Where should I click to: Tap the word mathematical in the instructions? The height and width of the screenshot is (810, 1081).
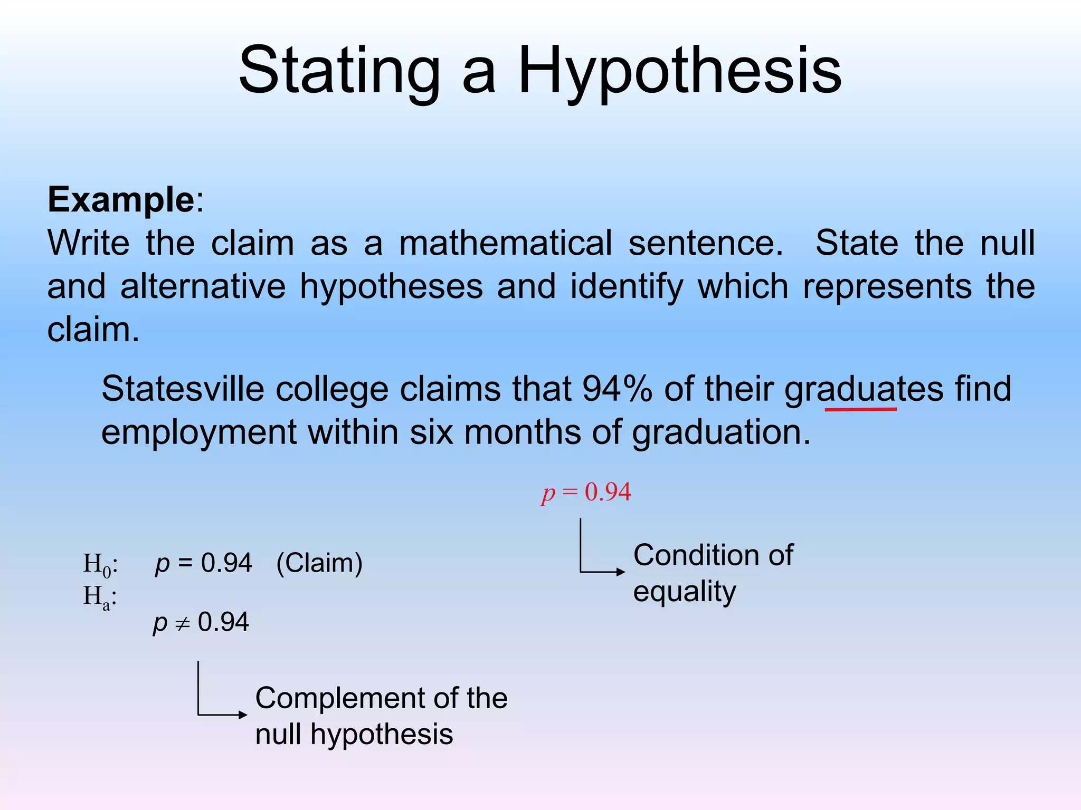pyautogui.click(x=505, y=243)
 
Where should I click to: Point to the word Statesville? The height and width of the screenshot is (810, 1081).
pyautogui.click(x=183, y=389)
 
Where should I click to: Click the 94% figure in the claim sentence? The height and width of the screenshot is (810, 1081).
pyautogui.click(x=617, y=389)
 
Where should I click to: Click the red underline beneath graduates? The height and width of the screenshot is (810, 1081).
pyautogui.click(x=860, y=409)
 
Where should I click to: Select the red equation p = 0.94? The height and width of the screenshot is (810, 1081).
pyautogui.click(x=586, y=493)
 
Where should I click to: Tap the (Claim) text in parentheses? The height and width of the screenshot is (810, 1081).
pyautogui.click(x=319, y=563)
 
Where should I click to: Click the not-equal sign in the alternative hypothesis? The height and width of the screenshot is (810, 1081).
pyautogui.click(x=182, y=624)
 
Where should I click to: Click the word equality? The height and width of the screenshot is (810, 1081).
pyautogui.click(x=684, y=592)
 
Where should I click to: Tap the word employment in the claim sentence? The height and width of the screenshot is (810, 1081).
pyautogui.click(x=199, y=432)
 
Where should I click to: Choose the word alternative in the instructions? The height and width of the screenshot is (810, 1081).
pyautogui.click(x=203, y=286)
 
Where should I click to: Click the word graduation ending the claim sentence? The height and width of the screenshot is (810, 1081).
pyautogui.click(x=720, y=432)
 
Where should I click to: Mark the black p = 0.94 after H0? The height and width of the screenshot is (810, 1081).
pyautogui.click(x=203, y=563)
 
